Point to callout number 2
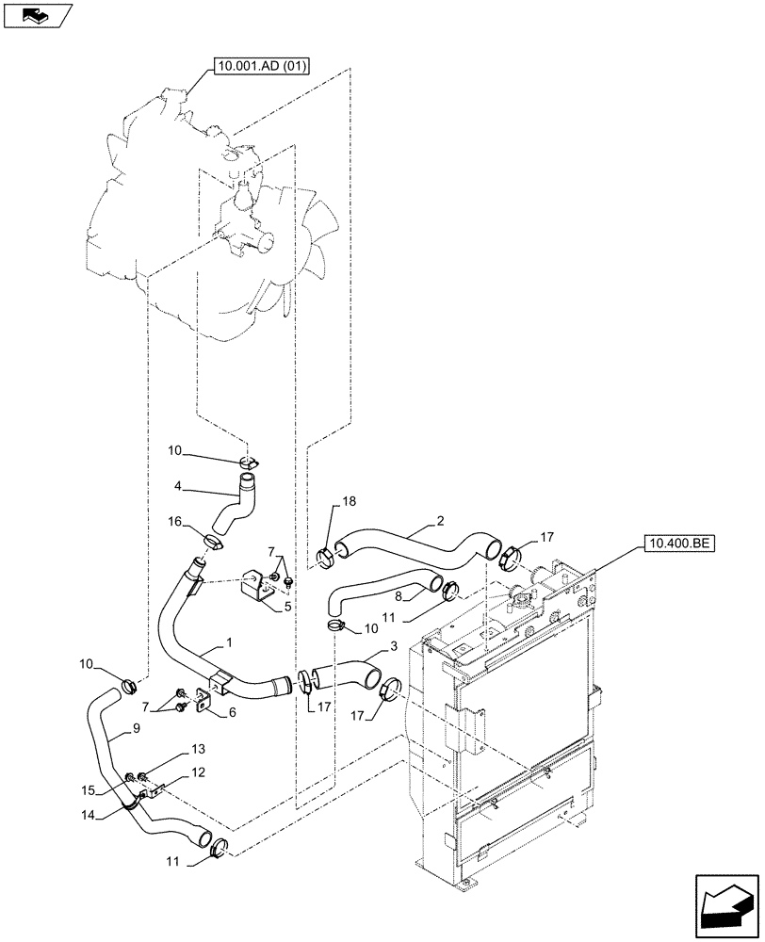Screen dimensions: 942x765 pyautogui.click(x=439, y=519)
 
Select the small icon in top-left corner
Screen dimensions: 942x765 pyautogui.click(x=36, y=14)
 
